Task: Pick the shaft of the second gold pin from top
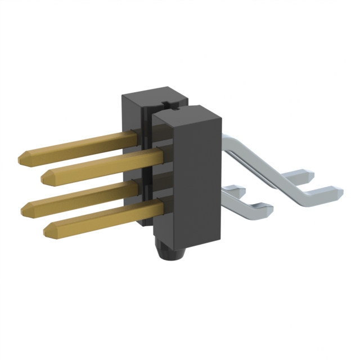tap(101, 164)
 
